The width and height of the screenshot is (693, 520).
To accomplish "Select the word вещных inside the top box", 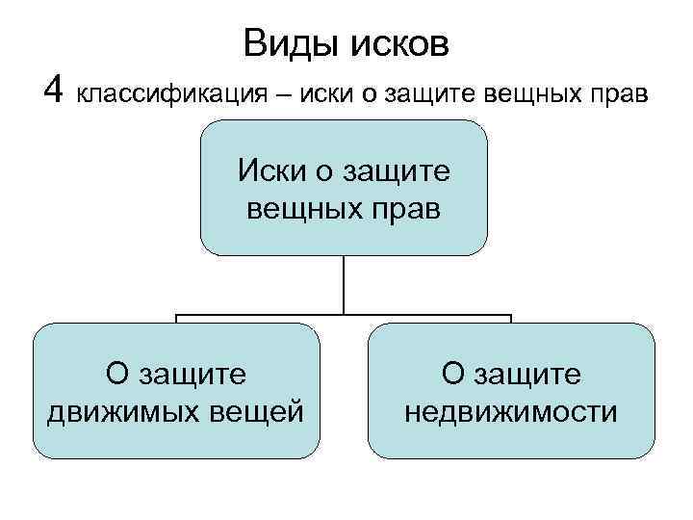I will (302, 208).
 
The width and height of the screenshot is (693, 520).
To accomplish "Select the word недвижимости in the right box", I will (511, 411).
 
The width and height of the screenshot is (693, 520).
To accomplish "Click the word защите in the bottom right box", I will (527, 375).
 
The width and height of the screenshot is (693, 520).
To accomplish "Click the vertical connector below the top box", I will (344, 285).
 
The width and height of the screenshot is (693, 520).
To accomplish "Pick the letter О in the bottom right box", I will (452, 375).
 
